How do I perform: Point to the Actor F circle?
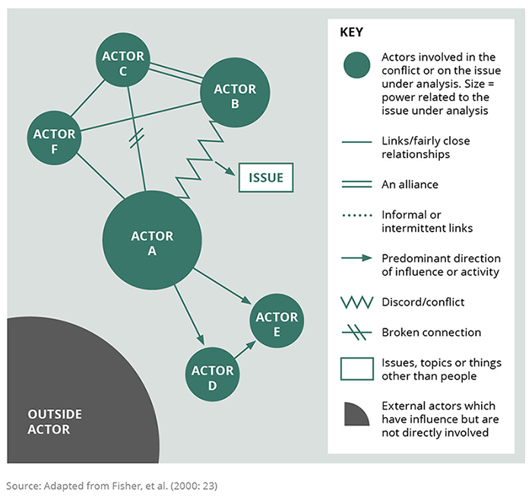coord(54,141)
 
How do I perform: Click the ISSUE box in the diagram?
coord(265,179)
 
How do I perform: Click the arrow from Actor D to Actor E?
coord(245,351)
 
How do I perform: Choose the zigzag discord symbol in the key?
coord(355,302)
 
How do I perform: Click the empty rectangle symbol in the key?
coord(355,369)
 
